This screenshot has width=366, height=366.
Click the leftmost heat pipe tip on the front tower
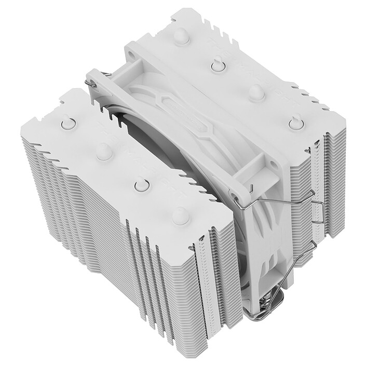click(x=68, y=123)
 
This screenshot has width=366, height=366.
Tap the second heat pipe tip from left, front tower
click(x=103, y=152)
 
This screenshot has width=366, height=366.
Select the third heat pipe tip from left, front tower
click(x=141, y=185)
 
